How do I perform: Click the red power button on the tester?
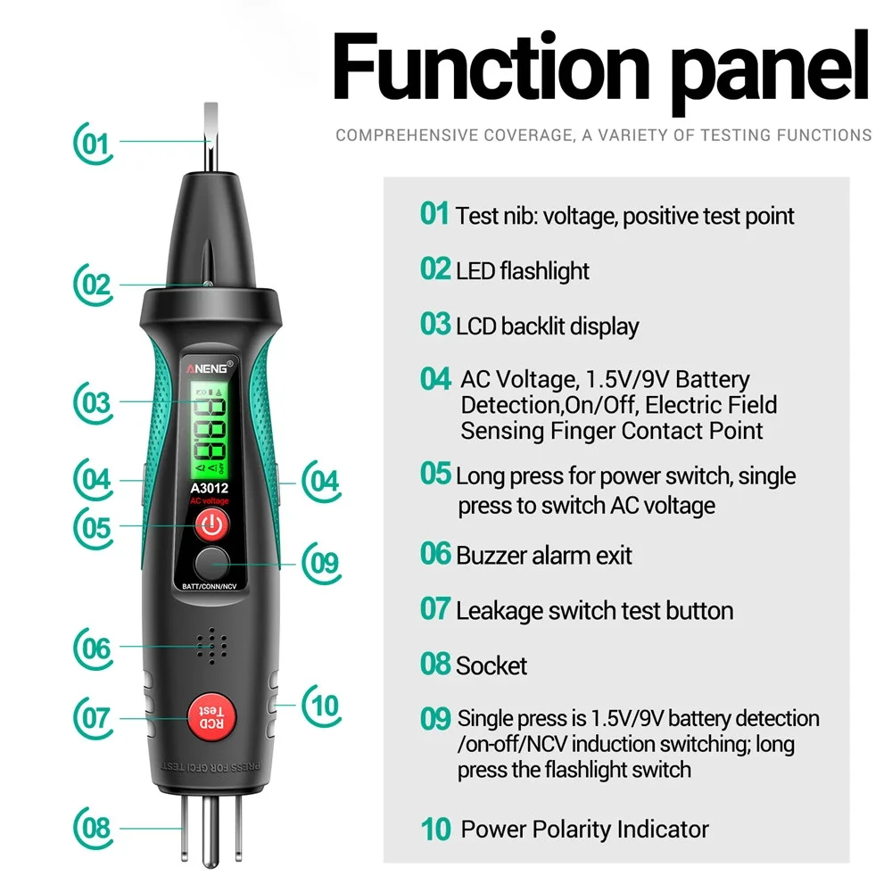point(211,526)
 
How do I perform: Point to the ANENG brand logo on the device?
point(210,367)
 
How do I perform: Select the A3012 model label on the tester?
point(210,488)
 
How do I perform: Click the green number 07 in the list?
point(434,609)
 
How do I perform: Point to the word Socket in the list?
point(491,665)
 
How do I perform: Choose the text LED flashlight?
point(522,270)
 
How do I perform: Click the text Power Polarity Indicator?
point(584,829)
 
